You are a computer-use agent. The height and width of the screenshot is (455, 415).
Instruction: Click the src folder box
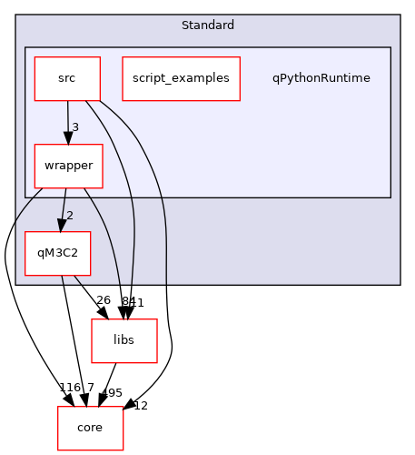click(66, 78)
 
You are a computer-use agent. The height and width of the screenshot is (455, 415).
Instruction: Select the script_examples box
click(181, 78)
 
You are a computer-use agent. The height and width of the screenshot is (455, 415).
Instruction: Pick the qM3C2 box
click(57, 254)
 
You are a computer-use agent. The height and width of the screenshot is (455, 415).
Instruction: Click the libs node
click(124, 340)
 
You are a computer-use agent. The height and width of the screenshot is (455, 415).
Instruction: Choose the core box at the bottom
click(90, 428)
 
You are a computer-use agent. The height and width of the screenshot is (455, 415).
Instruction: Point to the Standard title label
click(207, 25)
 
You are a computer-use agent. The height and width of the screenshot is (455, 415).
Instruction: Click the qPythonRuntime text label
click(321, 78)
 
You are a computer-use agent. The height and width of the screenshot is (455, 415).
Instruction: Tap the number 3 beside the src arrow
click(75, 126)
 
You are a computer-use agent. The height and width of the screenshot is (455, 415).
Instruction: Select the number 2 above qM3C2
click(69, 215)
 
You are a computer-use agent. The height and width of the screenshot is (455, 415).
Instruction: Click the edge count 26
click(104, 300)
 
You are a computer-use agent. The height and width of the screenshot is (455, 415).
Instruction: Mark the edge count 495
click(112, 392)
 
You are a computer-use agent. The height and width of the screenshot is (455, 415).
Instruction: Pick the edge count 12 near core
click(140, 406)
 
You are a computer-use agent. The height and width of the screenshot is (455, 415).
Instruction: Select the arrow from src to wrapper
click(67, 122)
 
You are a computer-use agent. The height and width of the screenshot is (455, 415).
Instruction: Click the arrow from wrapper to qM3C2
click(63, 210)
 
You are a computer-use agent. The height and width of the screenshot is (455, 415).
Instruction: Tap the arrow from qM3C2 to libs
click(90, 296)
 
